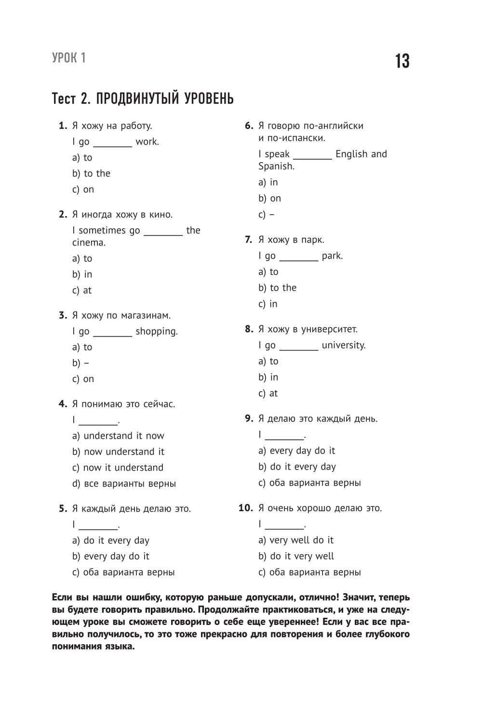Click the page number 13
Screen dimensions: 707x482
(402, 62)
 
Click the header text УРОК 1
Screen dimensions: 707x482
(68, 58)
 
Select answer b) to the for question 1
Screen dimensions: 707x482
(91, 174)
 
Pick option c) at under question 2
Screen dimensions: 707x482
(82, 290)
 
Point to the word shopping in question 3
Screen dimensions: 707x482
(156, 331)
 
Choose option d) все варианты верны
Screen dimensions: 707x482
(124, 484)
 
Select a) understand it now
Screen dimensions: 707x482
(118, 436)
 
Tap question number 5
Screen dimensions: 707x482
(63, 509)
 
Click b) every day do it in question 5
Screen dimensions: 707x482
(111, 557)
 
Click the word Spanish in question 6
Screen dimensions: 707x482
(276, 166)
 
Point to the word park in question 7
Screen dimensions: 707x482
(332, 256)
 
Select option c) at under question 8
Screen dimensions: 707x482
(268, 394)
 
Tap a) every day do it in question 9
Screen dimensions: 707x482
(296, 451)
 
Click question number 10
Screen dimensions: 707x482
(246, 508)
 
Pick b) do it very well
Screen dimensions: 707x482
(296, 557)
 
